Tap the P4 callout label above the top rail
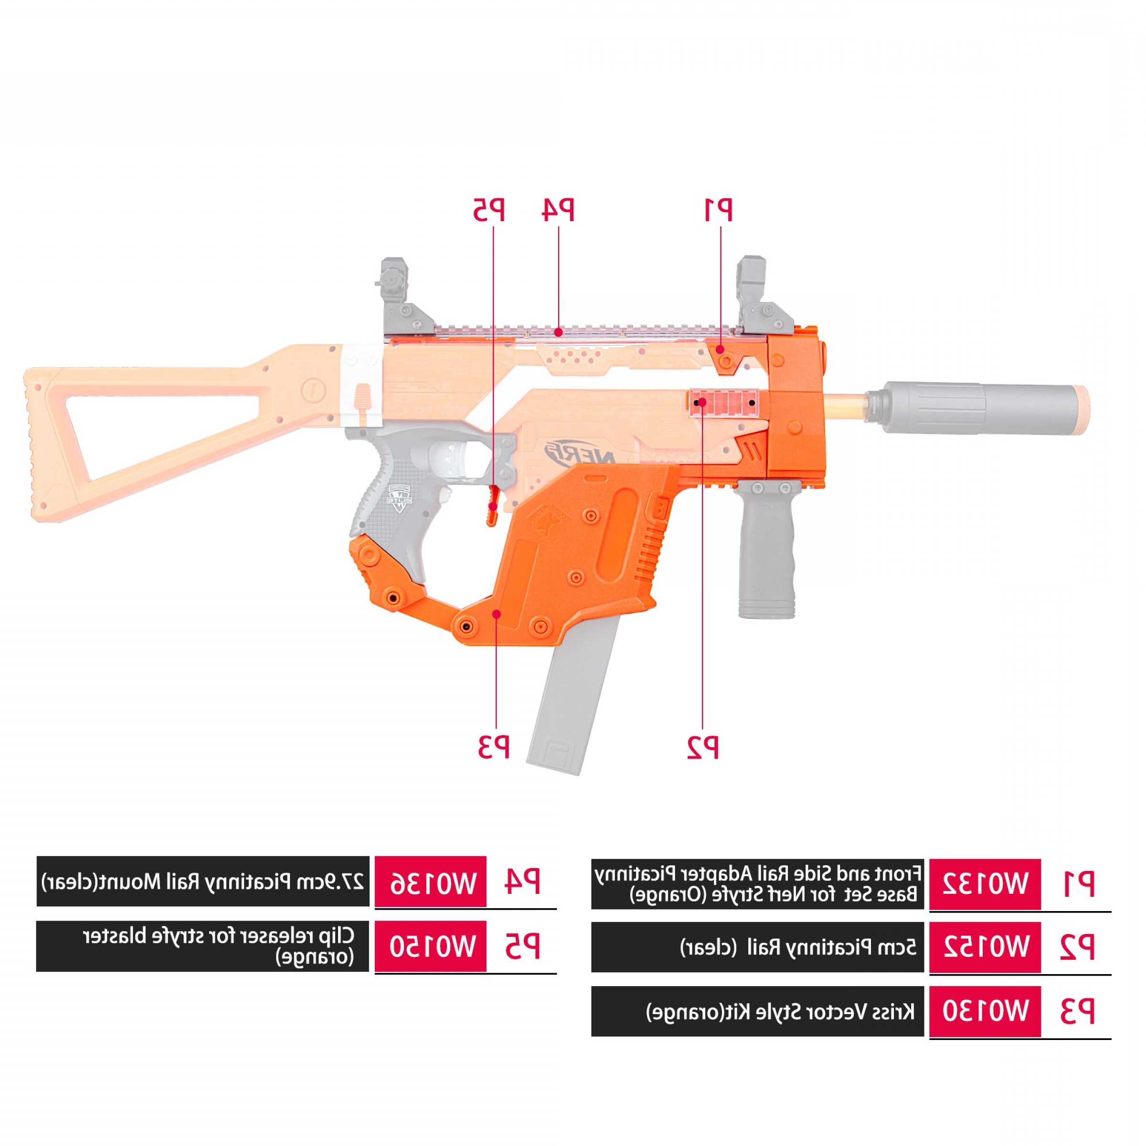click(x=558, y=210)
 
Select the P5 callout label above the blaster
click(x=489, y=210)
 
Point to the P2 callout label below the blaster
click(x=703, y=747)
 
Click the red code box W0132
click(x=984, y=884)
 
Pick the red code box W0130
click(x=984, y=1011)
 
